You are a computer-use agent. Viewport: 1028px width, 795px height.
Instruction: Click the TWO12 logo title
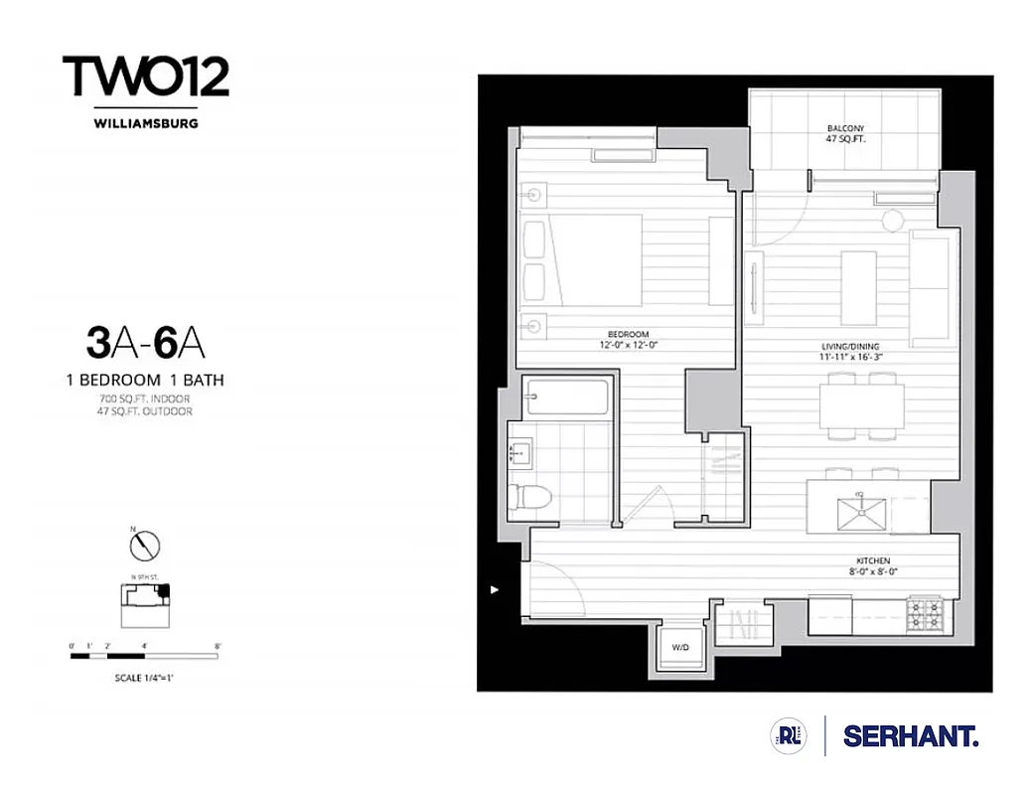(146, 78)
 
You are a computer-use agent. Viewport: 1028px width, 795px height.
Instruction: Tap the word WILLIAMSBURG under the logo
(146, 124)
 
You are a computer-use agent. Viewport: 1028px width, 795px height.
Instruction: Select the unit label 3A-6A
(146, 343)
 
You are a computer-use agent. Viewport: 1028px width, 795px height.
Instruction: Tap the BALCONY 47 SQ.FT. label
(846, 134)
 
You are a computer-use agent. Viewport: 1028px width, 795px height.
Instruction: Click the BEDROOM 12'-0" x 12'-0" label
(629, 340)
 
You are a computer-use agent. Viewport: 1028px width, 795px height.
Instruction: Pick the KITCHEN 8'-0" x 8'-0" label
(867, 566)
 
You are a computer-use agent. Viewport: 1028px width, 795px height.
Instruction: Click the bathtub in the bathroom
(568, 397)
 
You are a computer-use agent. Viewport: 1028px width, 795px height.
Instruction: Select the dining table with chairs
(861, 405)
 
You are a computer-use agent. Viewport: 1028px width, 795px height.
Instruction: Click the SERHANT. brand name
(910, 736)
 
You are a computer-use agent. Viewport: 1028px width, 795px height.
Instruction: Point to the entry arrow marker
(495, 589)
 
